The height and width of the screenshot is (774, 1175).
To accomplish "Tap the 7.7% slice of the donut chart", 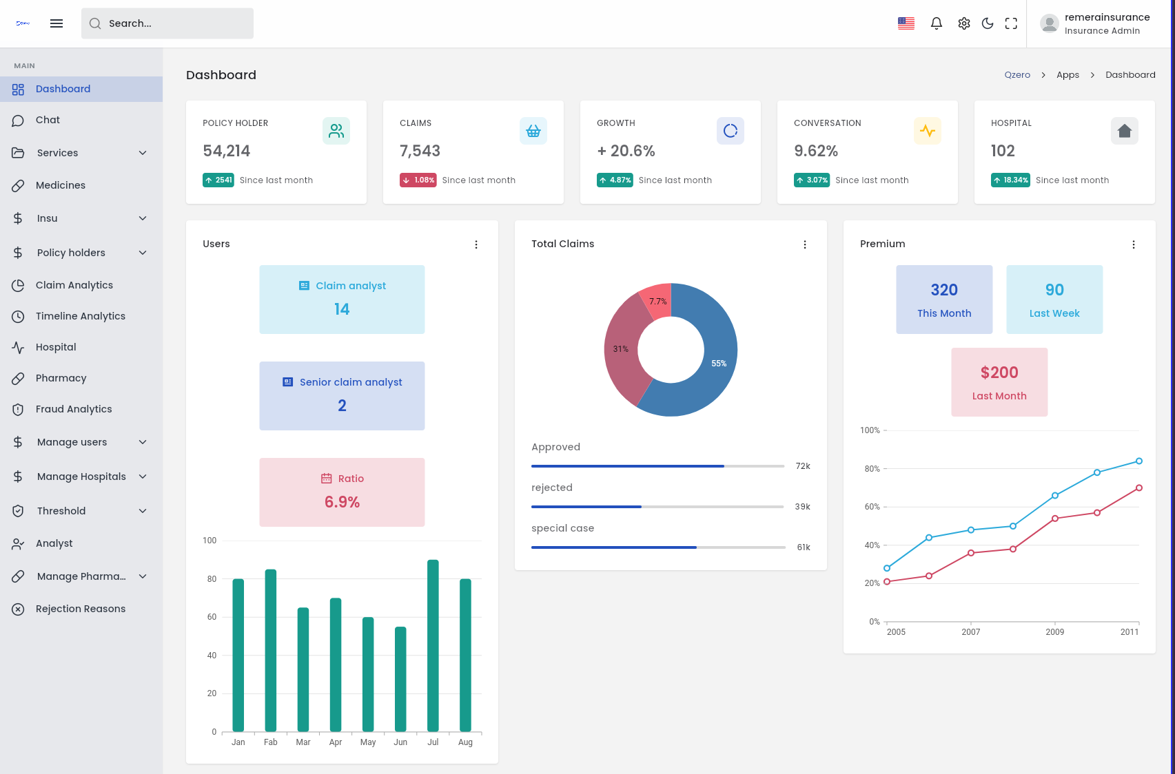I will [657, 301].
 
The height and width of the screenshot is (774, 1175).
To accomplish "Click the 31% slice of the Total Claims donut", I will [622, 349].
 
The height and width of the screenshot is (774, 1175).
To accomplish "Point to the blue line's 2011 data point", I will [1139, 461].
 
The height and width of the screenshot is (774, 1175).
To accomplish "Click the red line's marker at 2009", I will [1055, 519].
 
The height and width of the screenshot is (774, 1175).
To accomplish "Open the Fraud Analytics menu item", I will [74, 409].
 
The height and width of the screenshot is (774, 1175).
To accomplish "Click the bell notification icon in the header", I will [936, 23].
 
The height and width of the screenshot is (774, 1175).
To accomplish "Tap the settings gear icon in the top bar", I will [964, 23].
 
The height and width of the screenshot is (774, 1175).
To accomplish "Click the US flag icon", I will [906, 23].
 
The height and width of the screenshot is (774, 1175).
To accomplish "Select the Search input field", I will [167, 23].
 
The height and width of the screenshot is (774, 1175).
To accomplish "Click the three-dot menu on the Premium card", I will [1134, 244].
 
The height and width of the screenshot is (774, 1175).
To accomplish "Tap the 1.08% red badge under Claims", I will [418, 180].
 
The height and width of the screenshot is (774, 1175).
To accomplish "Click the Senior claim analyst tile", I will [342, 396].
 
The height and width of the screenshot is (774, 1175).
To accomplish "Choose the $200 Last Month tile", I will [999, 382].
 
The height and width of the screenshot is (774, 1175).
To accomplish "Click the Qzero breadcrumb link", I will [1017, 75].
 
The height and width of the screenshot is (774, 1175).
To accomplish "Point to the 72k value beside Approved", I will [803, 466].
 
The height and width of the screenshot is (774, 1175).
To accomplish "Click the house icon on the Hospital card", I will [1124, 131].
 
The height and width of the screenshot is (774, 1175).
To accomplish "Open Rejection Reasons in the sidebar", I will [81, 609].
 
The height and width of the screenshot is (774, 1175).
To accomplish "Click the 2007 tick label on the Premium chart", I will [970, 632].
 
